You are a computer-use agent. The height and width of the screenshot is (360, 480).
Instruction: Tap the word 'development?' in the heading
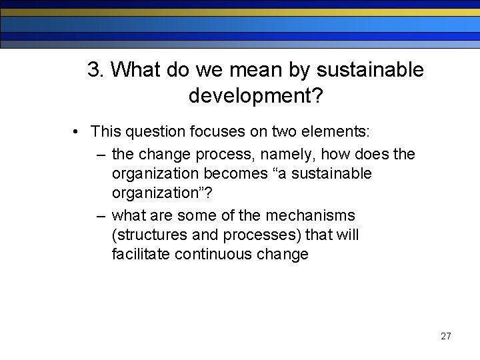(x=256, y=97)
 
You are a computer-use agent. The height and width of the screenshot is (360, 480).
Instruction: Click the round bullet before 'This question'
(x=78, y=132)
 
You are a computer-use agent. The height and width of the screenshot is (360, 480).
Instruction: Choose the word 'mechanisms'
(x=311, y=216)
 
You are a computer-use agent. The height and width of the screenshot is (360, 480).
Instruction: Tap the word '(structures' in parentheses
(x=147, y=235)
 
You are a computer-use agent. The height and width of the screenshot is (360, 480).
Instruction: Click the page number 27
(x=445, y=336)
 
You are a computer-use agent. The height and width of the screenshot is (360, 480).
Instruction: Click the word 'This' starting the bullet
(x=105, y=132)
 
